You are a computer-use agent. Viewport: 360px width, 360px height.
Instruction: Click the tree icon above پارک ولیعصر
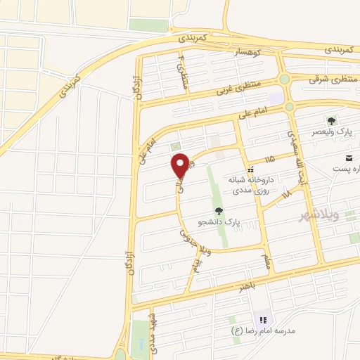(x=331, y=122)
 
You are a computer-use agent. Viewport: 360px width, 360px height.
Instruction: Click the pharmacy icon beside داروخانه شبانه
(x=250, y=169)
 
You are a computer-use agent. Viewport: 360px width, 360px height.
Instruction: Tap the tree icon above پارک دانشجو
(x=219, y=210)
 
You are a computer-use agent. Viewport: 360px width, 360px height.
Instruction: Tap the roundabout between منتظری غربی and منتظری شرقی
(x=284, y=80)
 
